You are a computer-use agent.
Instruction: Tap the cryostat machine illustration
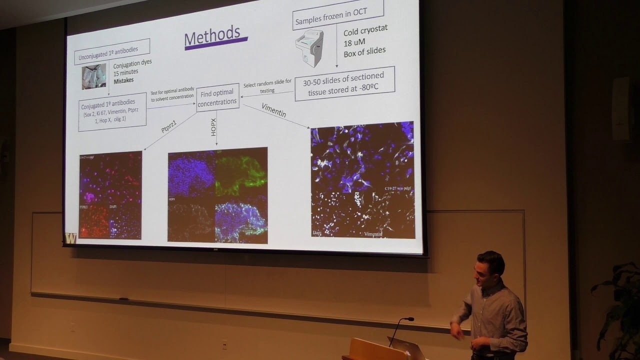point(309,47)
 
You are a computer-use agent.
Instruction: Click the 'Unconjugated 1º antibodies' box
point(112,51)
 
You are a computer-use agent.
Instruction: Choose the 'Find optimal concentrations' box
point(217,97)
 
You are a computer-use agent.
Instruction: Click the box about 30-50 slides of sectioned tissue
point(344,83)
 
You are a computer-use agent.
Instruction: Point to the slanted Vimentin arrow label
point(274,110)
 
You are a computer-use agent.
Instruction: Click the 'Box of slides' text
point(364,51)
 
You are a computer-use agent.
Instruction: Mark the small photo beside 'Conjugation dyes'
point(94,76)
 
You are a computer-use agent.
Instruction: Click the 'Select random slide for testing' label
point(267,87)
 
